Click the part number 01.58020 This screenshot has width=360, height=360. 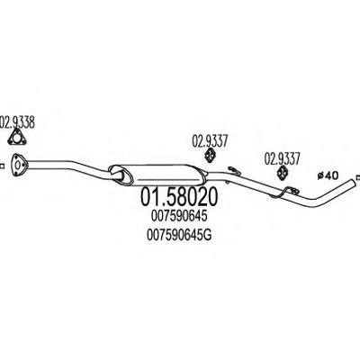(178, 197)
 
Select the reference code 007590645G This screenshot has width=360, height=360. (179, 235)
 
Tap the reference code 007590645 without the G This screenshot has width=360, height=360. (179, 216)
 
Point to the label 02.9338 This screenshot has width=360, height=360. (17, 122)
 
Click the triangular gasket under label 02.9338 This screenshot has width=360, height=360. (17, 139)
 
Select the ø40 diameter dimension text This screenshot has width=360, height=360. (328, 175)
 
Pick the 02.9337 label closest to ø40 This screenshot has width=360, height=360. (282, 159)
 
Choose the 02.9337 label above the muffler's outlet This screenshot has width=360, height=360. (210, 141)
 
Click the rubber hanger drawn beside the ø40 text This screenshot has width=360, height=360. (282, 174)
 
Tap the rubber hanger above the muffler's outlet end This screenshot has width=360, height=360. (211, 156)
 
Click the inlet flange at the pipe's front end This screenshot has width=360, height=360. (19, 165)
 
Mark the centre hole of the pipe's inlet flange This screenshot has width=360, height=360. (18, 165)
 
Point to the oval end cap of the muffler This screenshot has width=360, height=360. (121, 175)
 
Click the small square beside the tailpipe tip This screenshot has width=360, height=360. (358, 178)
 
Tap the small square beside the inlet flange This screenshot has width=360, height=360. (2, 166)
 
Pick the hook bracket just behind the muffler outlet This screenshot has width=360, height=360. (234, 170)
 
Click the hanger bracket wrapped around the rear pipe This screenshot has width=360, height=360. (285, 192)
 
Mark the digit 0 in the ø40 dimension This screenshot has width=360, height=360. (334, 175)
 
